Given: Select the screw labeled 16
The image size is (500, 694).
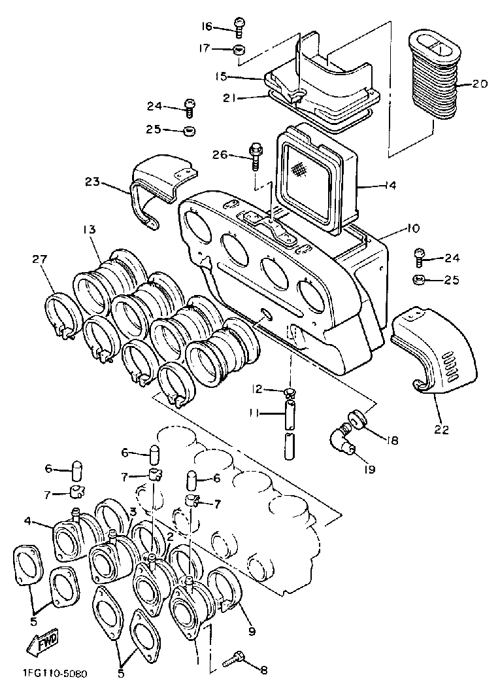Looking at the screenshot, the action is (x=239, y=27).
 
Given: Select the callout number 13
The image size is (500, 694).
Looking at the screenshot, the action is (x=88, y=230).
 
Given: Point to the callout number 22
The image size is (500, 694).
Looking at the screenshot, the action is (x=442, y=429).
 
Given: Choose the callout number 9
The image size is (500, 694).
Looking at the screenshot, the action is (x=252, y=631).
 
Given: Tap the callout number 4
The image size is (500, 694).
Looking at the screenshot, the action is (x=28, y=521).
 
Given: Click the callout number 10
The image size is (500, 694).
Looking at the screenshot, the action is (x=412, y=229).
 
